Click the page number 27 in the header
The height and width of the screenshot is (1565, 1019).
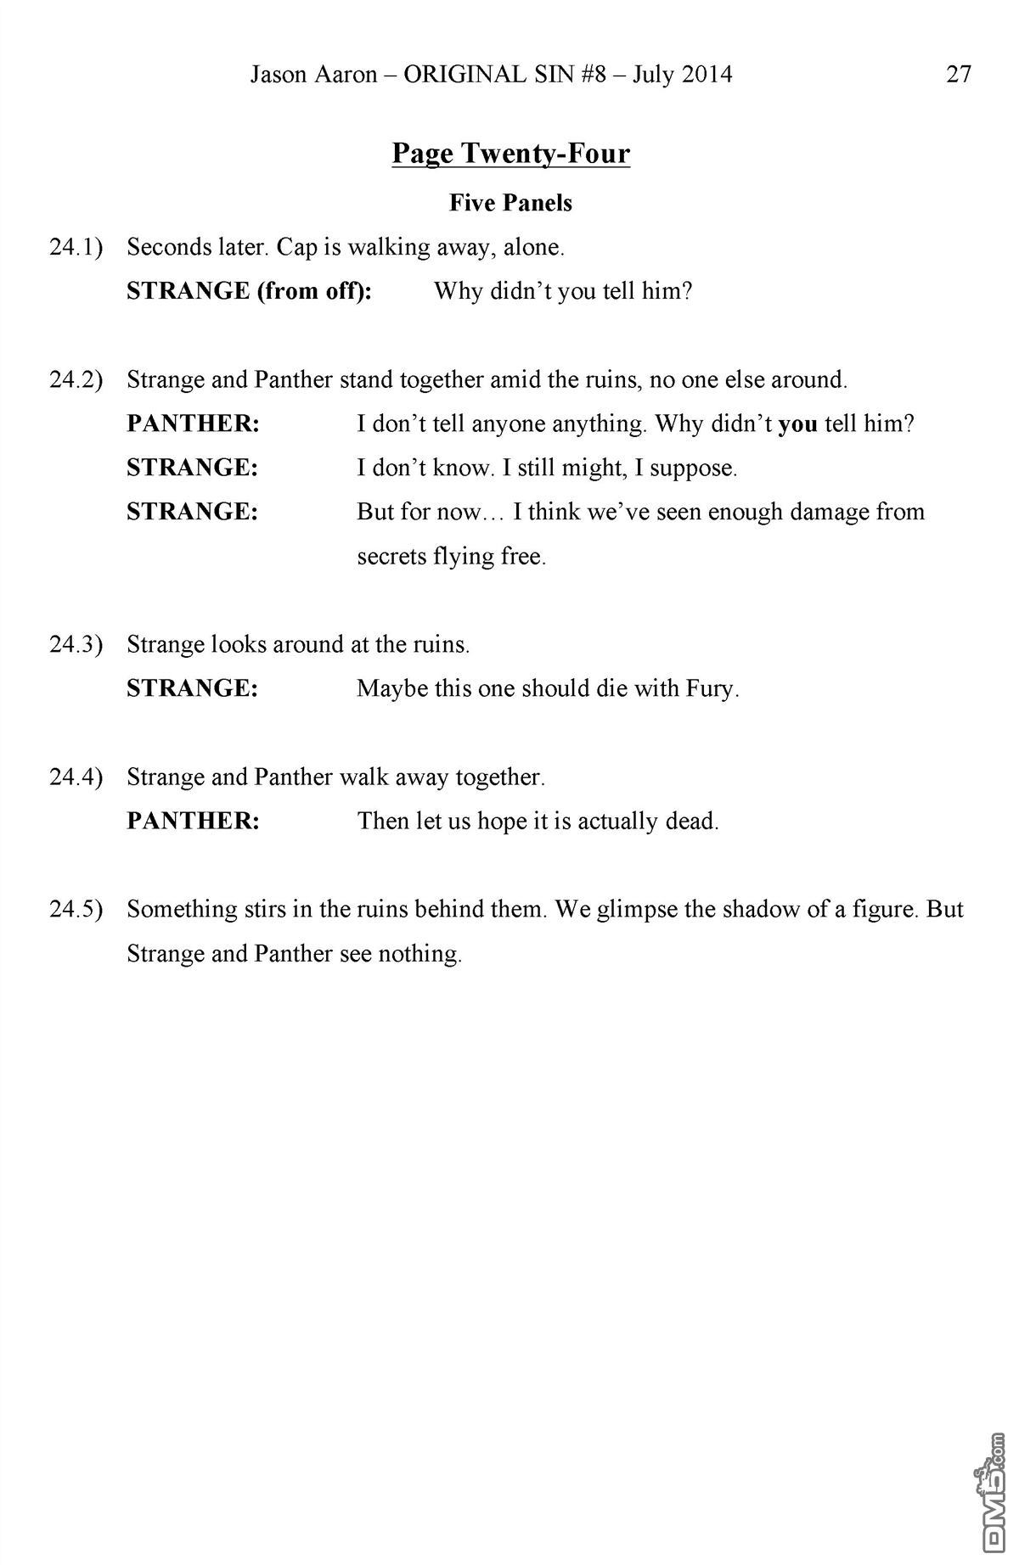958,75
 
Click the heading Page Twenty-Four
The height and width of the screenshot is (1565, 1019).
510,154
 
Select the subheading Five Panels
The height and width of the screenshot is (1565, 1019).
510,203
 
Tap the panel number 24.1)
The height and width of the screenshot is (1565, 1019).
76,248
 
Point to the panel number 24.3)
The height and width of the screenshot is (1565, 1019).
76,645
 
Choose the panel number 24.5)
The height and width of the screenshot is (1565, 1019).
76,910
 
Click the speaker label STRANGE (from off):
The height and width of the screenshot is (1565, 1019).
249,292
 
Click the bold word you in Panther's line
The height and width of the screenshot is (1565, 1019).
797,424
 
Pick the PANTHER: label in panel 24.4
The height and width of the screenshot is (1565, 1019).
193,822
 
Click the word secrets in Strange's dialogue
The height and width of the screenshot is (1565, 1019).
391,557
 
